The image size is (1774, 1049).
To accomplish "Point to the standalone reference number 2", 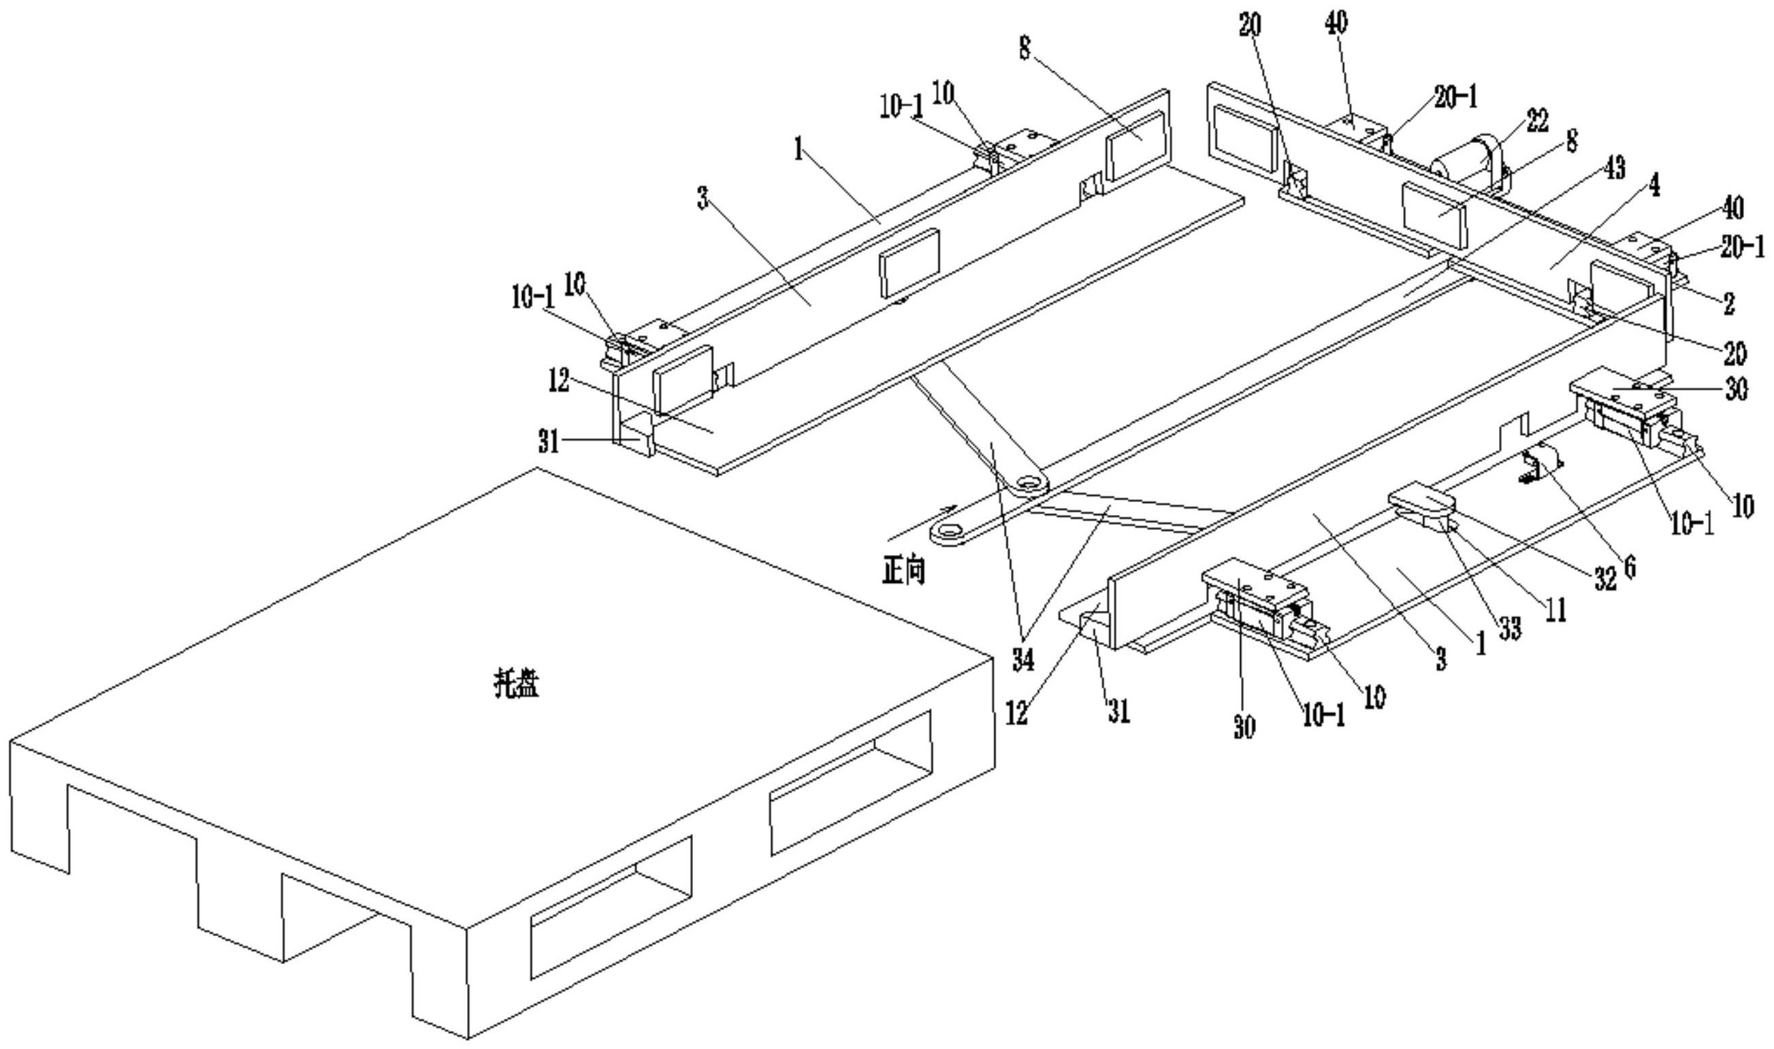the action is click(1728, 303).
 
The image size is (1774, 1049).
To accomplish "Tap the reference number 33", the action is click(1509, 627).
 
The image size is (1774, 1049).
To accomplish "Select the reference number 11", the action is click(1555, 609).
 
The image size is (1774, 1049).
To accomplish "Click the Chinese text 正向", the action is click(903, 571).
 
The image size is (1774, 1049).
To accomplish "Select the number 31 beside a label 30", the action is click(1118, 710).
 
